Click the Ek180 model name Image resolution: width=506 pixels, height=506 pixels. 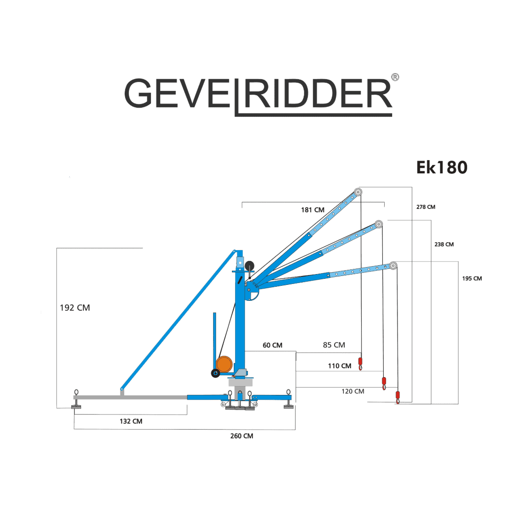coord(442,167)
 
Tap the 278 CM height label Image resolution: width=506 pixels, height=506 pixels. coord(425,207)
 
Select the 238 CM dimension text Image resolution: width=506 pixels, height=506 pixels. coord(444,245)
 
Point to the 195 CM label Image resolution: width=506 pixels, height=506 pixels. coord(472,279)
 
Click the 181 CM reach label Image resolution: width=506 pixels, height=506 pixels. coord(313,210)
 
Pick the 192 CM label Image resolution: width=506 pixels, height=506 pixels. coord(74,308)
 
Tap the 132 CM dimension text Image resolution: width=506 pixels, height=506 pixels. coord(131,421)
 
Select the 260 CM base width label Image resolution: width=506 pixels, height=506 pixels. coord(242,436)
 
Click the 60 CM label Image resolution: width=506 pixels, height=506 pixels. coord(272,345)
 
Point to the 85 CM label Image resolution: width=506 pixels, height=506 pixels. coord(334,345)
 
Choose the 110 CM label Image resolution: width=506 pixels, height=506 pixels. coord(339,366)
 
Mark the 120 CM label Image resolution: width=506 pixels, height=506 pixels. coord(352,391)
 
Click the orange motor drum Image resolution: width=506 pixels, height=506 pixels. coord(225,363)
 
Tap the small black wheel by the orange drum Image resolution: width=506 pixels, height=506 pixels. coord(215,373)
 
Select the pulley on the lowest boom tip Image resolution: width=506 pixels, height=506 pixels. coord(394,266)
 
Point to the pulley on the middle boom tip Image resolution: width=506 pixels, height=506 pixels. coord(379,224)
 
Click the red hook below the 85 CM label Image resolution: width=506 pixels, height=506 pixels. coord(360,362)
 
